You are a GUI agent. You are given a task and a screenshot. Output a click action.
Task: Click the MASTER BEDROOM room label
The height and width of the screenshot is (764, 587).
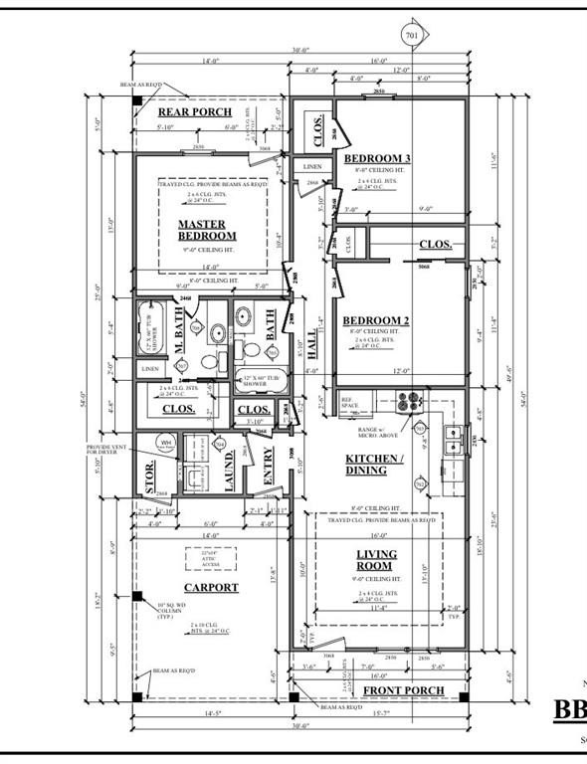click(207, 230)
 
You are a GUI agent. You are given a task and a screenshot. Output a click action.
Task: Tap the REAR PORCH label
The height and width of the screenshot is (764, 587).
click(195, 112)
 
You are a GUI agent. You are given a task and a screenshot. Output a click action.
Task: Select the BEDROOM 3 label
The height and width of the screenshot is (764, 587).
click(377, 159)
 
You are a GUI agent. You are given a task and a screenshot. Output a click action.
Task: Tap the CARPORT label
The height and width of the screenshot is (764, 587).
click(211, 588)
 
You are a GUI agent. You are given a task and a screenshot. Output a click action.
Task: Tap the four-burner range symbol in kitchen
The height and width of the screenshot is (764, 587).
click(409, 401)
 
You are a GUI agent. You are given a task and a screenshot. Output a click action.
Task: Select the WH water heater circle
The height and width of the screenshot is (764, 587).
click(166, 445)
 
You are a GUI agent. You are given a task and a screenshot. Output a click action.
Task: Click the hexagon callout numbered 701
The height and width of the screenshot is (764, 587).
click(412, 36)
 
